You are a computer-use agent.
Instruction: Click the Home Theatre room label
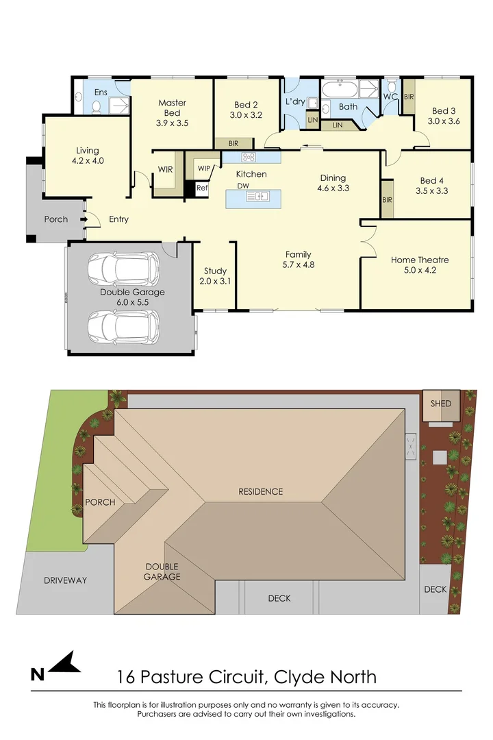pos(420,260)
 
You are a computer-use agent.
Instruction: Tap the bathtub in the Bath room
pos(340,90)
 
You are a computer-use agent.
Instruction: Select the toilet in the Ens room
pos(97,106)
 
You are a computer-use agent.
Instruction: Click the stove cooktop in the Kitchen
pos(249,158)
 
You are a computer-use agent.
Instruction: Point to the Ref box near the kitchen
pos(202,188)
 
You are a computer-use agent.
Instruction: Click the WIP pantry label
pos(203,168)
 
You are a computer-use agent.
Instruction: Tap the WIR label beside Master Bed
pos(164,169)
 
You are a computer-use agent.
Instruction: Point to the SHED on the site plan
pos(441,403)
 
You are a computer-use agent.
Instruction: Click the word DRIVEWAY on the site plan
pos(65,580)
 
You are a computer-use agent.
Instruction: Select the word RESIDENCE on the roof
pos(260,491)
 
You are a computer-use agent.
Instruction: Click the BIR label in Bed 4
pos(388,200)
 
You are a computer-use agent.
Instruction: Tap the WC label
pos(391,97)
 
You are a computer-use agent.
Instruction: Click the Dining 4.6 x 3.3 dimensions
pos(333,188)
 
